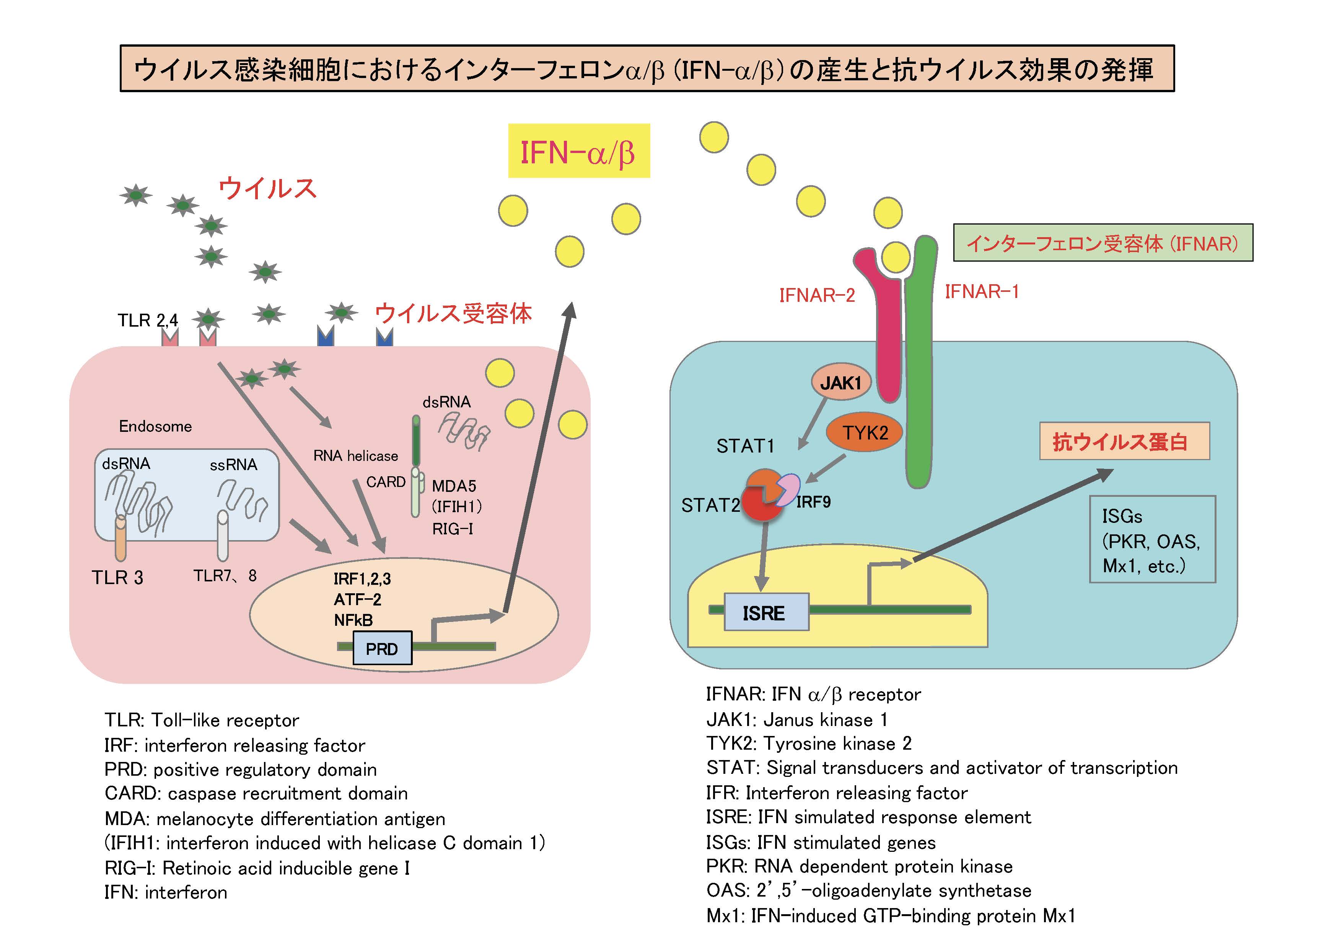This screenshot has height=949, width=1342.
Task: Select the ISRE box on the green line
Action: [x=766, y=612]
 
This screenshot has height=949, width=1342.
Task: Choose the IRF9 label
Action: [x=813, y=502]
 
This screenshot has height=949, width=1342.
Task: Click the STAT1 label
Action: [x=745, y=446]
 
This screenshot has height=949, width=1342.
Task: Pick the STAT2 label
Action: [x=710, y=505]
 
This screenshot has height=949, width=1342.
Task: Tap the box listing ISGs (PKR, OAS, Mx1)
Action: [x=1151, y=540]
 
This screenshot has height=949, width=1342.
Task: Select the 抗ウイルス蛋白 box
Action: [x=1124, y=441]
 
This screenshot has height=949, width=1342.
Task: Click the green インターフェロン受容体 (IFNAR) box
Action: [x=1103, y=243]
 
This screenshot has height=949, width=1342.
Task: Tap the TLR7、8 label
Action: [x=225, y=576]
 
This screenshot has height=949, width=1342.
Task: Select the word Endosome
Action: [x=155, y=426]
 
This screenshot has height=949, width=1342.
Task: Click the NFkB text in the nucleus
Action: [x=353, y=620]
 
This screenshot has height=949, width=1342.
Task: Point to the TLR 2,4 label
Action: [x=147, y=320]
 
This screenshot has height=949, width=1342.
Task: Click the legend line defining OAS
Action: [x=868, y=890]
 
